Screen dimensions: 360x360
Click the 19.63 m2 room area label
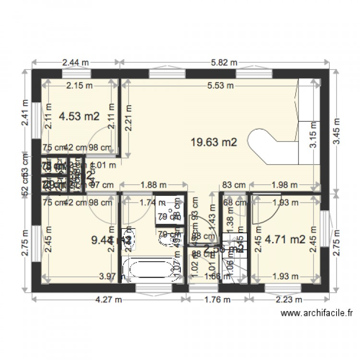(x=214, y=142)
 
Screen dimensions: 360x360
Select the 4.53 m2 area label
(x=79, y=116)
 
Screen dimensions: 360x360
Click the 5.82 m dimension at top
(x=224, y=62)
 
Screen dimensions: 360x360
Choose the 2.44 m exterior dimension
(x=75, y=62)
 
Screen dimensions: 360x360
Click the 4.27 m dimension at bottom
(x=108, y=300)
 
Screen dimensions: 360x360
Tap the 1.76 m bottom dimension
(x=217, y=300)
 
